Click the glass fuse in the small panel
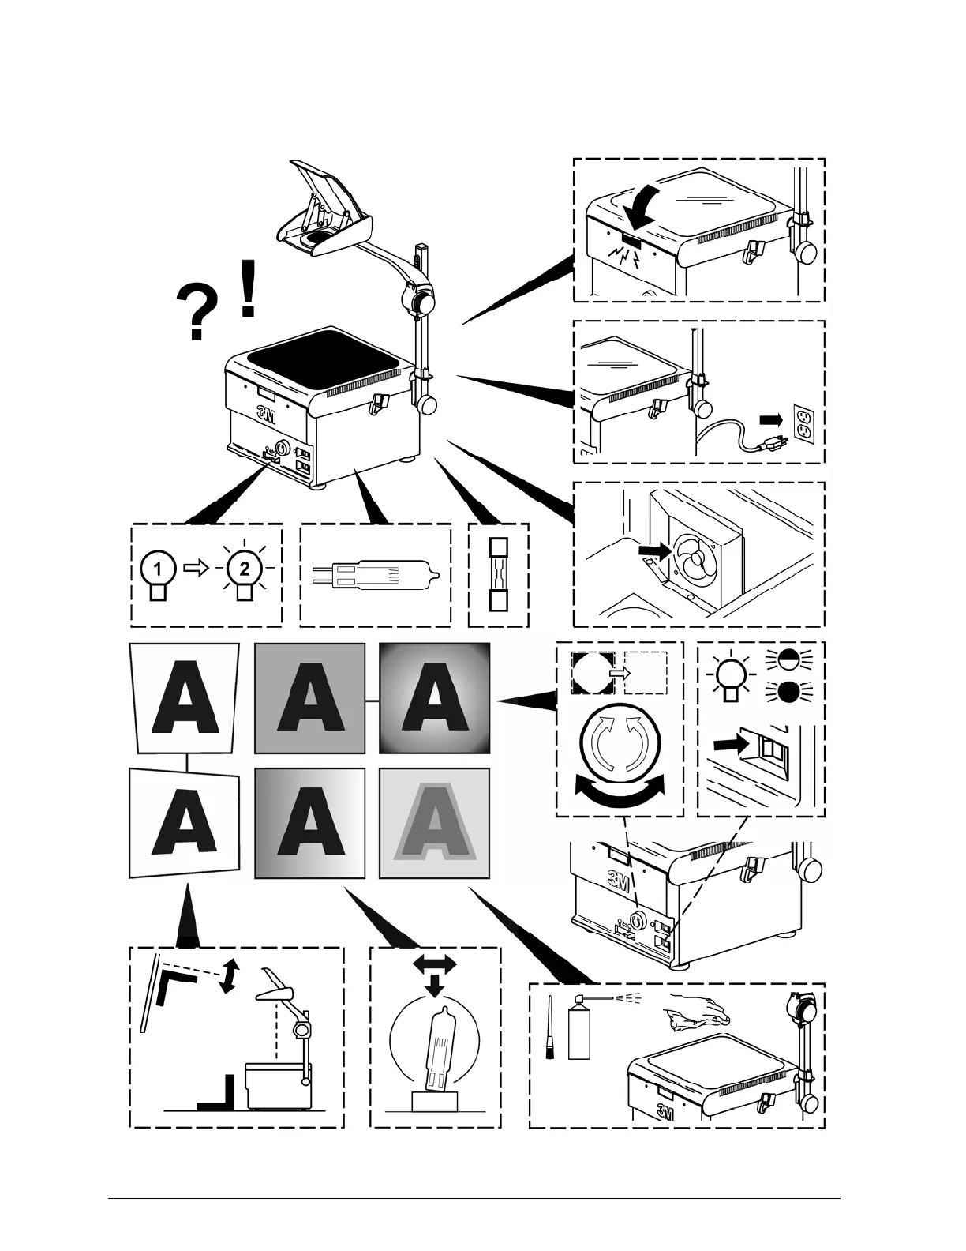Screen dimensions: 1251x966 [x=498, y=574]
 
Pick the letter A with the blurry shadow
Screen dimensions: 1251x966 [x=434, y=825]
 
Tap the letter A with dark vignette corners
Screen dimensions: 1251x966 [x=434, y=697]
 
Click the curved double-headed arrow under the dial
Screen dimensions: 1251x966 [x=620, y=792]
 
